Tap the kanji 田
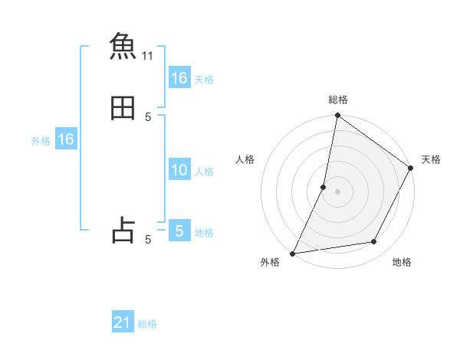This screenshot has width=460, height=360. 123,107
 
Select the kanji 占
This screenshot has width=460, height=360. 123,230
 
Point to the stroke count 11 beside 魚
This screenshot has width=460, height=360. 148,56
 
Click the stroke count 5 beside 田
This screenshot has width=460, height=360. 148,116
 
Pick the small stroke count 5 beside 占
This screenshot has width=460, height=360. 148,240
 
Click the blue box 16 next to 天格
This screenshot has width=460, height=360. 179,78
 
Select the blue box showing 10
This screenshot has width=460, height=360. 179,170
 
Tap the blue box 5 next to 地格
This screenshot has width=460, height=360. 179,231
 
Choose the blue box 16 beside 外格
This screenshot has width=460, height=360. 66,139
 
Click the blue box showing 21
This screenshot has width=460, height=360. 123,322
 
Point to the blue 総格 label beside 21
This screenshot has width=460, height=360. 147,324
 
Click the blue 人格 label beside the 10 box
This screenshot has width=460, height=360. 205,172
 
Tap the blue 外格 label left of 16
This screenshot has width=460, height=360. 41,141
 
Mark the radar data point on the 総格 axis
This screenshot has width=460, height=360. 337,116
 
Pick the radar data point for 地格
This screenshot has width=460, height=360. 374,241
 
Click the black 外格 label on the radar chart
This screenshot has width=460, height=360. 270,263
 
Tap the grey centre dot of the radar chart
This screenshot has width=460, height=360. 337,191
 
